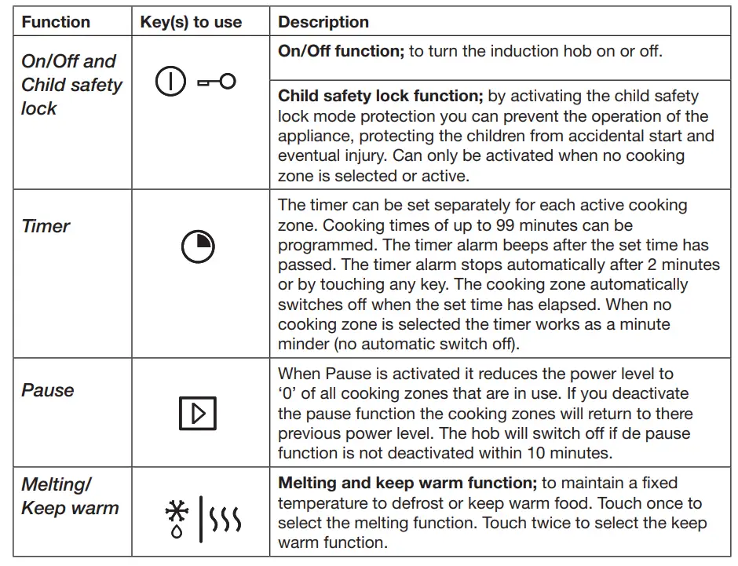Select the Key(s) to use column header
coord(191,22)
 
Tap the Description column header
coord(323,22)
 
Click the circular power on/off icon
coord(170,82)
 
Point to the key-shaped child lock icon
coord(217,82)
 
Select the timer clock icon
coord(197,247)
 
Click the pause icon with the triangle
coord(197,413)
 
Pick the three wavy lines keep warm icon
coord(228,519)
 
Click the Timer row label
coord(46,226)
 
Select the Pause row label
coord(48,390)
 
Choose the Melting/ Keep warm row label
coord(69,496)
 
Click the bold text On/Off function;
coord(341,52)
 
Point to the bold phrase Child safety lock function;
coord(380,97)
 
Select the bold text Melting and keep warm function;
coord(400,483)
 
